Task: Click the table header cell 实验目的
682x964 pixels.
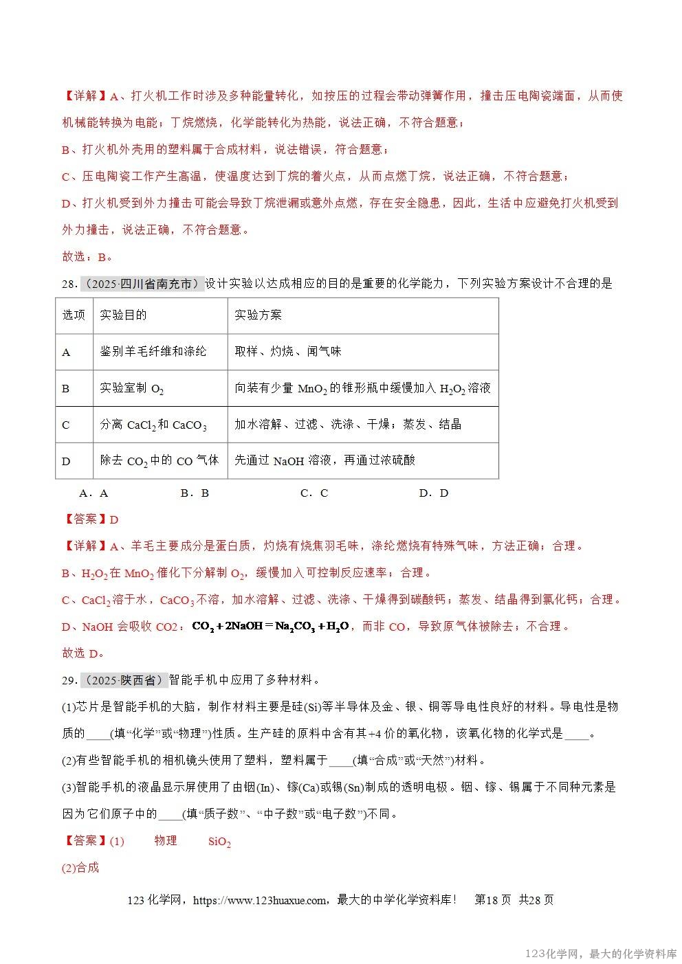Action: pyautogui.click(x=123, y=315)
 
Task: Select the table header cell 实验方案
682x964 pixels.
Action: pyautogui.click(x=258, y=315)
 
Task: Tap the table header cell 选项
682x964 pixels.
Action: pyautogui.click(x=74, y=315)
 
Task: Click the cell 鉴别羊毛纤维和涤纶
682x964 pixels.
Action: pyautogui.click(x=153, y=352)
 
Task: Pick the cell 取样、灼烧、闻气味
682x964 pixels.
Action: pyautogui.click(x=287, y=352)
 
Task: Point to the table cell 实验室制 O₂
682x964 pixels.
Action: pyautogui.click(x=132, y=389)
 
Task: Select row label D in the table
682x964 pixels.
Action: pyautogui.click(x=66, y=461)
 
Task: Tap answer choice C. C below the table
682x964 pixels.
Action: pyautogui.click(x=314, y=493)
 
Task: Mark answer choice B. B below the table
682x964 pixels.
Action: pyautogui.click(x=195, y=493)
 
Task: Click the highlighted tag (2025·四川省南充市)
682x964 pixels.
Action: pyautogui.click(x=142, y=284)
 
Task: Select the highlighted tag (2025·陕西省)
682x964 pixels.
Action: pyautogui.click(x=124, y=680)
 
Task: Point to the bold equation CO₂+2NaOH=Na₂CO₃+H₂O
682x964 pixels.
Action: pyautogui.click(x=271, y=627)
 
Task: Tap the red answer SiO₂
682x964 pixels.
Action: pyautogui.click(x=219, y=842)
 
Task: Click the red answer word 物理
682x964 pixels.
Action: pyautogui.click(x=166, y=841)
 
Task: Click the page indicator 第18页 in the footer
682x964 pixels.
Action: pyautogui.click(x=493, y=900)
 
